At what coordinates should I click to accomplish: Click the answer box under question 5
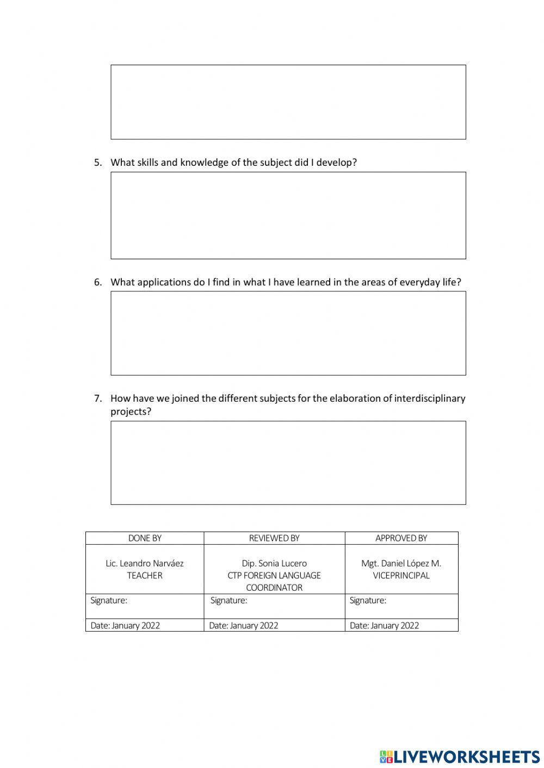click(x=288, y=215)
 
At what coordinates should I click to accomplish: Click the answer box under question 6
click(x=288, y=333)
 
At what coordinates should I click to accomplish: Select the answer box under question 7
click(x=288, y=463)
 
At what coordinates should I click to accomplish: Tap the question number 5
click(x=98, y=163)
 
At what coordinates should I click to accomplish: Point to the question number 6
click(x=98, y=282)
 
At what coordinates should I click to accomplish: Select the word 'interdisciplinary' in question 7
click(x=430, y=398)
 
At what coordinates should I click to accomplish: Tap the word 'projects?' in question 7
click(x=131, y=411)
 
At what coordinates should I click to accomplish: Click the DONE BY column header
click(x=145, y=538)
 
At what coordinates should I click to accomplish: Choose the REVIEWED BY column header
click(x=274, y=538)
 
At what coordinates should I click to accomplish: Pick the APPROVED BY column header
click(x=401, y=538)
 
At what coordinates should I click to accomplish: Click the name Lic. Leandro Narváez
click(x=145, y=564)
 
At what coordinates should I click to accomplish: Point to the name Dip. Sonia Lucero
click(x=274, y=564)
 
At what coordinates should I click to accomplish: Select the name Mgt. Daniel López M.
click(x=401, y=564)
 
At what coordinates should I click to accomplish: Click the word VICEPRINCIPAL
click(x=401, y=576)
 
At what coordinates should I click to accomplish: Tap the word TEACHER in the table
click(x=145, y=576)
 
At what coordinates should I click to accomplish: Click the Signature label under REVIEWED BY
click(x=228, y=601)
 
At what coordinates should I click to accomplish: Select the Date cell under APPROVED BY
click(x=385, y=626)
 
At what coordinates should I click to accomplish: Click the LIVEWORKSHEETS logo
click(x=460, y=757)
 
